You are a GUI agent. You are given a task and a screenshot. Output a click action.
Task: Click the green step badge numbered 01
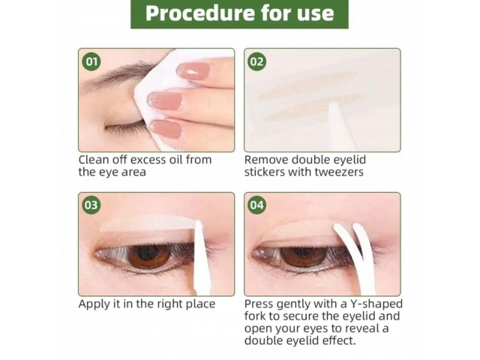click(91, 61)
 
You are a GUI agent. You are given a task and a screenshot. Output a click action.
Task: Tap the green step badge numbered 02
click(256, 61)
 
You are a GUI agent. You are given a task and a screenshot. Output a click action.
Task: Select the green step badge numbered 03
click(91, 205)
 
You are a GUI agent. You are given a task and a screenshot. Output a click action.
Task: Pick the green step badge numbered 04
click(256, 205)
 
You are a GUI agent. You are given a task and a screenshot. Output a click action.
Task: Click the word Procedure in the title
click(200, 13)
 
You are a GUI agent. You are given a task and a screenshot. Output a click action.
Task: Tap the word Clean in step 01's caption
click(93, 160)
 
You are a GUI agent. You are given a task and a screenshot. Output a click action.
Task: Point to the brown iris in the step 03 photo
click(149, 256)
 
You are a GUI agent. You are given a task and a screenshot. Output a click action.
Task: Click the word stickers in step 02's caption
click(265, 172)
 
